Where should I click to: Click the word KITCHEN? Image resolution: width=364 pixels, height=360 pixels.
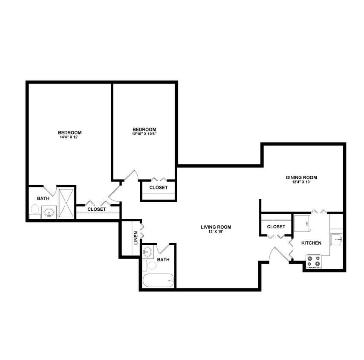tap(311, 243)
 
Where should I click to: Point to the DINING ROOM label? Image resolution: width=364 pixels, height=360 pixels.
tap(301, 177)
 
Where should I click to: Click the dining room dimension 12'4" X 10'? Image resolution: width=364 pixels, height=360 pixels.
tap(301, 183)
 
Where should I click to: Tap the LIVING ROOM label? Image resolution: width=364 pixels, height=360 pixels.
tap(216, 227)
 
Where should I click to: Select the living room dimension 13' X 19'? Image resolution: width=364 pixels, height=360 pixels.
tap(216, 232)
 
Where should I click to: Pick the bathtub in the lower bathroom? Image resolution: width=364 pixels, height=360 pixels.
tap(158, 281)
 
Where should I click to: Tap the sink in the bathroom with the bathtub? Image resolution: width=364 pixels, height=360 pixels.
tap(147, 252)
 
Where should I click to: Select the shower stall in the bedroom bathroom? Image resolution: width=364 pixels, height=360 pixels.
tap(66, 203)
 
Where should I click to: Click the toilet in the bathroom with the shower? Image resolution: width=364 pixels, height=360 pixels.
tap(34, 209)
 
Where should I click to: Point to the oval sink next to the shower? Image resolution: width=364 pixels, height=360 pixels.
tap(49, 212)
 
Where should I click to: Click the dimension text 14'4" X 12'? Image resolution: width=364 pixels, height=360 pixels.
tap(70, 138)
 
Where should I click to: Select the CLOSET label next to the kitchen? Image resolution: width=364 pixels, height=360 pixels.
tap(276, 227)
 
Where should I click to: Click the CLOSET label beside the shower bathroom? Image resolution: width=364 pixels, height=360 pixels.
tap(96, 209)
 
